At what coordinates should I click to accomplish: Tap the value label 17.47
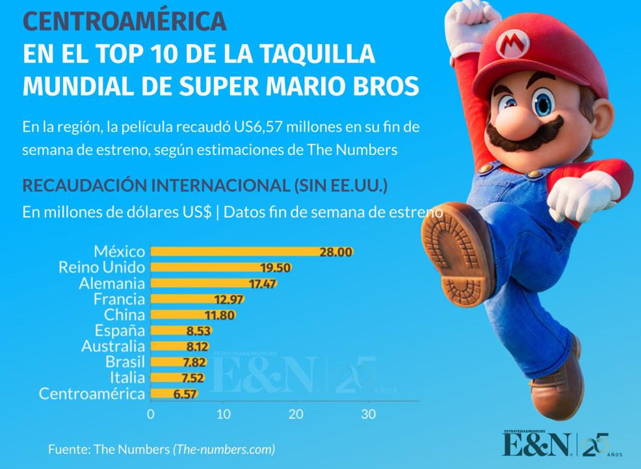[263, 284]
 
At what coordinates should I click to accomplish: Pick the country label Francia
[119, 299]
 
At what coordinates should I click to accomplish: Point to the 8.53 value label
[196, 330]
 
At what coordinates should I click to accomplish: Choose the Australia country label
[113, 346]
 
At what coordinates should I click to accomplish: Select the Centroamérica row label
[92, 394]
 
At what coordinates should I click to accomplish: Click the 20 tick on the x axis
[296, 414]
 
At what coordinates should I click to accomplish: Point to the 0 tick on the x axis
[151, 414]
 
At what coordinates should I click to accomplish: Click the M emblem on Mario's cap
[512, 44]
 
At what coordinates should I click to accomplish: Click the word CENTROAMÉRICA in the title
[125, 21]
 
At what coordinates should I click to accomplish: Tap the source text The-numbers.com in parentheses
[224, 449]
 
